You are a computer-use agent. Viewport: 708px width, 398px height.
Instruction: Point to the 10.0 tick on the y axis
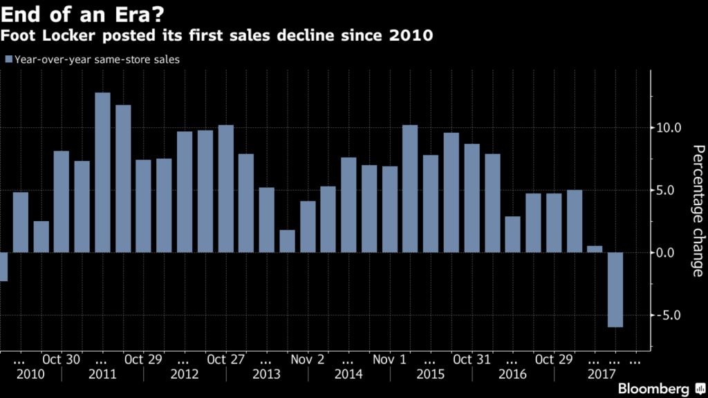coord(669,128)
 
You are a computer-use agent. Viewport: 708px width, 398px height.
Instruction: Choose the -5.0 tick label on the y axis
coord(669,315)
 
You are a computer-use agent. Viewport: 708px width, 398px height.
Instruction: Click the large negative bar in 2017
coord(615,290)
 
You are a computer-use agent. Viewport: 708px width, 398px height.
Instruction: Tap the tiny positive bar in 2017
coord(594,249)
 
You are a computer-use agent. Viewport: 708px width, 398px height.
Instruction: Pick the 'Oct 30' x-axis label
coord(61,359)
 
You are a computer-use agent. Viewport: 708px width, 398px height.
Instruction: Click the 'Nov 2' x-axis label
coord(307,359)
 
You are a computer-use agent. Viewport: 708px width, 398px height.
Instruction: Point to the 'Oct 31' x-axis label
coord(472,359)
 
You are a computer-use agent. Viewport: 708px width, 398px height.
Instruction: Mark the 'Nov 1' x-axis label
coord(389,359)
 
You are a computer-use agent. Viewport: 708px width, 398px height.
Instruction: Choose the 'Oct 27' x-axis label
coord(225,359)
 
